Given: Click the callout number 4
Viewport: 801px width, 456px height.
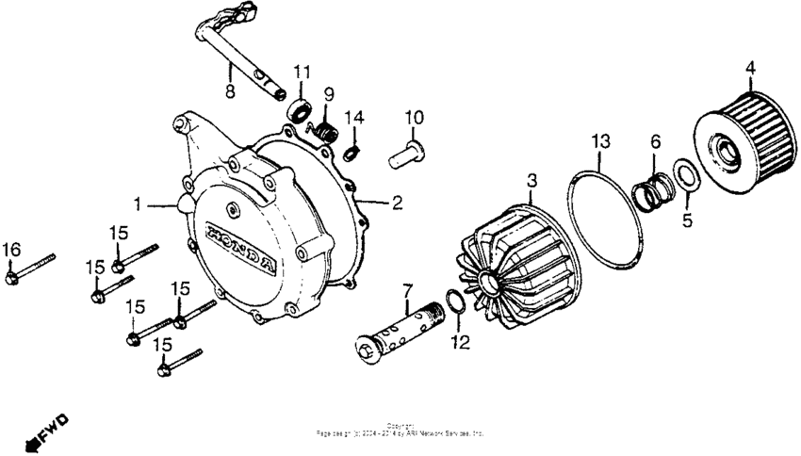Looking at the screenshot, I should [x=750, y=67].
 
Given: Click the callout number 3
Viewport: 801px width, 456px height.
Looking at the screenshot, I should [x=531, y=179].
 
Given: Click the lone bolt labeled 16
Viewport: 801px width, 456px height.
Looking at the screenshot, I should [x=28, y=269].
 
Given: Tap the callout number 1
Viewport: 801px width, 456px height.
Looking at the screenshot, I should [x=138, y=202].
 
